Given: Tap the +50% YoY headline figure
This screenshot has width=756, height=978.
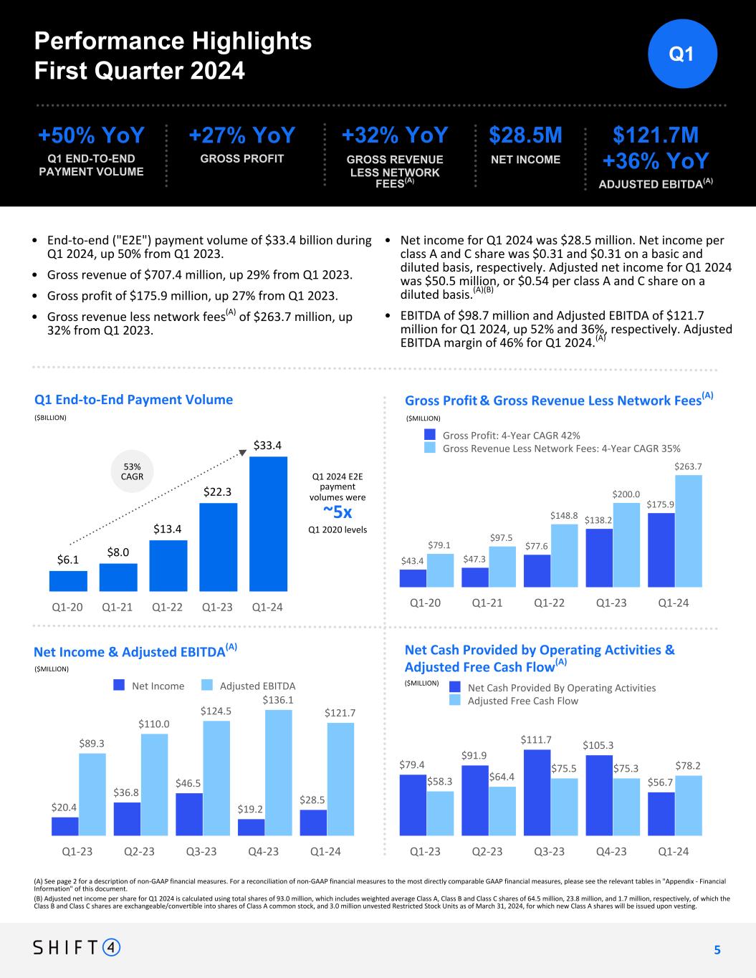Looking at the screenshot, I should click(x=91, y=135).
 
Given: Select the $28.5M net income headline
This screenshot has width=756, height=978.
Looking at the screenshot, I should click(x=525, y=135).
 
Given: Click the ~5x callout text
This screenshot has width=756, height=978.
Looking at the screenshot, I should click(x=338, y=512).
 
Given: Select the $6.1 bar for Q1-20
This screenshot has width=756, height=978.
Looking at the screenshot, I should click(x=68, y=581).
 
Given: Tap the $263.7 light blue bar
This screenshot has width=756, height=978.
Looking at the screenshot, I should click(x=688, y=530).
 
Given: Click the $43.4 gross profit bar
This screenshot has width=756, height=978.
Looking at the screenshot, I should click(x=413, y=577).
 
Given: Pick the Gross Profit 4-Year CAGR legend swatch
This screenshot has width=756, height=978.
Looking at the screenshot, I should click(x=429, y=434).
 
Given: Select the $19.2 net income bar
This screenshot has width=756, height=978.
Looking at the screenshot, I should click(x=251, y=827).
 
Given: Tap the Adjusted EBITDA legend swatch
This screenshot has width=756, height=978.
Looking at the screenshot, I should click(x=207, y=685).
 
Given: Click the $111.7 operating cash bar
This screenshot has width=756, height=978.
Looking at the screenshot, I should click(x=537, y=792).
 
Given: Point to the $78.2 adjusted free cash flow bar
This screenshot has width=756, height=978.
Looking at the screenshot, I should click(x=688, y=805).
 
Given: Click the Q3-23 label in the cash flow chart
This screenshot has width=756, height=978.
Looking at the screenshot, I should click(x=549, y=851).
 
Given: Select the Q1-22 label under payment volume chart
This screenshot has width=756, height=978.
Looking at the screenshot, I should click(x=168, y=607).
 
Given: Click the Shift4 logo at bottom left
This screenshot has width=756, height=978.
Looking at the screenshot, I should click(x=77, y=947).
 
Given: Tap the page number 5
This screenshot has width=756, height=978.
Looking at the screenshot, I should click(x=717, y=950).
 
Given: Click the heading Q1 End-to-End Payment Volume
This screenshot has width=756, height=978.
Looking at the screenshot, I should click(x=133, y=399).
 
